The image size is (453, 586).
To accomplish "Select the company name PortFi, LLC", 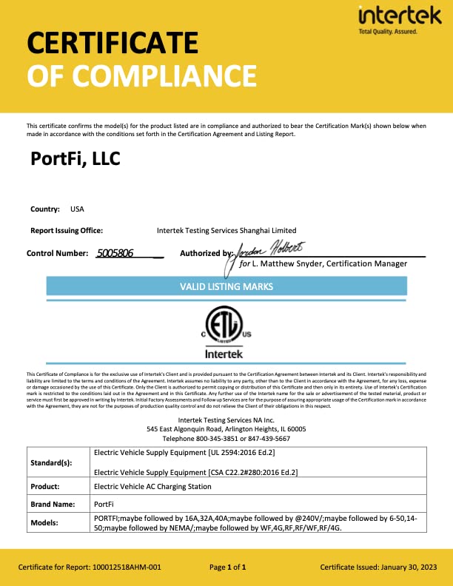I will pyautogui.click(x=75, y=158).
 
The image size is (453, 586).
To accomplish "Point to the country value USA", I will pyautogui.click(x=77, y=209).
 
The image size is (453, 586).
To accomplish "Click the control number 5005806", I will pyautogui.click(x=115, y=253).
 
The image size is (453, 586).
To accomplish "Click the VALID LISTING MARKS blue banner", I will pyautogui.click(x=226, y=286).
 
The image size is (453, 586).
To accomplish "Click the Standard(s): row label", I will pyautogui.click(x=51, y=462).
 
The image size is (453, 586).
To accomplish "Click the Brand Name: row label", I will pyautogui.click(x=53, y=504).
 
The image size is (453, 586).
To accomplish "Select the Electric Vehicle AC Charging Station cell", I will pyautogui.click(x=152, y=487).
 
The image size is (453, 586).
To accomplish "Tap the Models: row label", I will pyautogui.click(x=47, y=523).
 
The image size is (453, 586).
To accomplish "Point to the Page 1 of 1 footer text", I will pyautogui.click(x=227, y=568).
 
